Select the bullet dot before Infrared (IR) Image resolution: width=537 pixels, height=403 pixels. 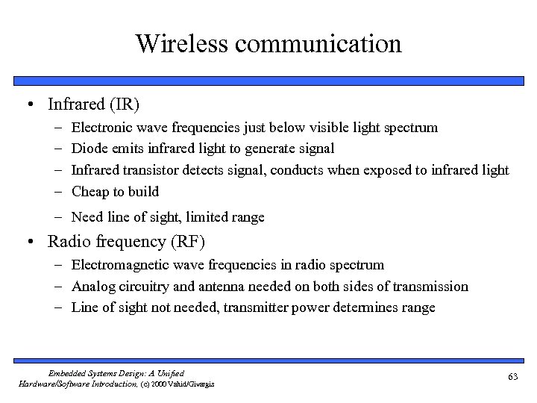click(28, 103)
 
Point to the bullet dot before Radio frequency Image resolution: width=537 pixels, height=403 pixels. click(28, 242)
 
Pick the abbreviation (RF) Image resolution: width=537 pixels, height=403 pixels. click(188, 242)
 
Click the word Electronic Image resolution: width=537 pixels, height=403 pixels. click(102, 128)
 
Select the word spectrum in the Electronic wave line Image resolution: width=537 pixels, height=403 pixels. click(411, 128)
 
